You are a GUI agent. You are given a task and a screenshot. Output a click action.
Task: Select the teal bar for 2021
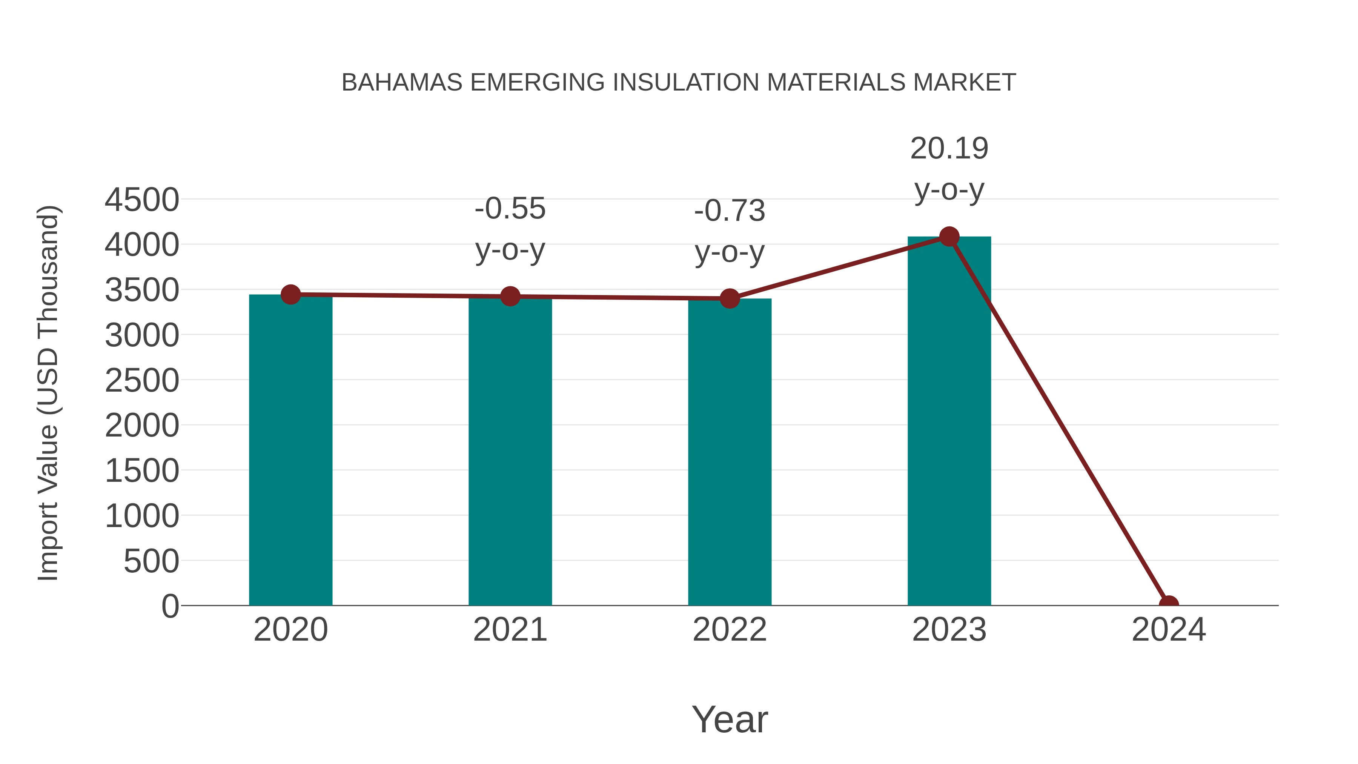point(510,453)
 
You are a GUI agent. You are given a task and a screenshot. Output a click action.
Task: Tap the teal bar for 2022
point(730,453)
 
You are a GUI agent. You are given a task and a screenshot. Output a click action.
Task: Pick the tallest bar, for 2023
point(949,422)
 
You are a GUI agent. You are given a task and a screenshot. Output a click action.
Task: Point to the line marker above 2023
point(949,237)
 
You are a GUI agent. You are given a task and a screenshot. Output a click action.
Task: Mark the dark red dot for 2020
point(290,294)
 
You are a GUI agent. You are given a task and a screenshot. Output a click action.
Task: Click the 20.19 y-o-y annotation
point(949,169)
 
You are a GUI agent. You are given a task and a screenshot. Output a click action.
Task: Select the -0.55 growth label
point(510,229)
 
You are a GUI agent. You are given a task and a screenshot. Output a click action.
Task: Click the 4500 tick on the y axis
point(142,200)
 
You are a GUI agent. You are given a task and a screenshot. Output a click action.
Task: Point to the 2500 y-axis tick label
point(142,381)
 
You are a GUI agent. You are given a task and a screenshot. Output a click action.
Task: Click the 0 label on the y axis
point(170,606)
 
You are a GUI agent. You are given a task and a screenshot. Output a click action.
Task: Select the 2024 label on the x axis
point(1168,630)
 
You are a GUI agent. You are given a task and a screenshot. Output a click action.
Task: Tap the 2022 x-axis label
point(730,630)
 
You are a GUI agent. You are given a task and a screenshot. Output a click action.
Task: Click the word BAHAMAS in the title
point(402,83)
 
